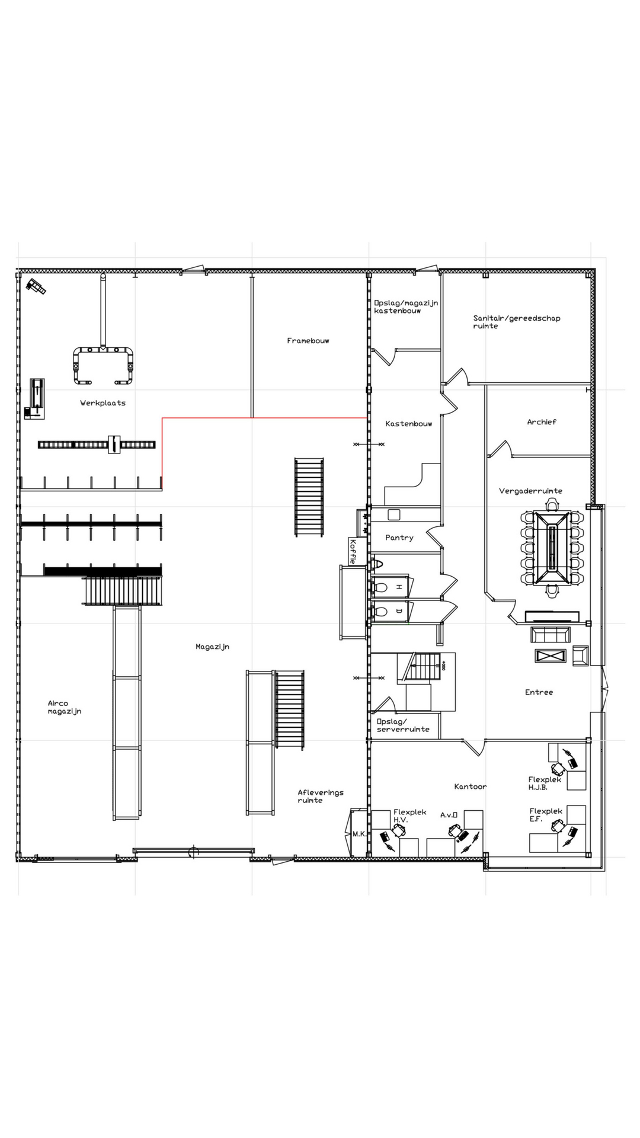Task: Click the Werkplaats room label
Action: click(x=103, y=403)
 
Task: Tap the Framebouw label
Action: click(x=308, y=341)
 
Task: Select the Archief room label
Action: click(x=542, y=422)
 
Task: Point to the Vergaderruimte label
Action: click(x=531, y=491)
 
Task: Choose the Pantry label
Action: click(x=399, y=538)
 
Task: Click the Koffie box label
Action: click(x=353, y=551)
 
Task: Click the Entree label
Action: click(x=539, y=692)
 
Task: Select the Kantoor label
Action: click(x=471, y=787)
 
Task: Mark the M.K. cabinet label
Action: click(x=359, y=834)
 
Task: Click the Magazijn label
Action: click(x=212, y=647)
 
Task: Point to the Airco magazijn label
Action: click(x=65, y=708)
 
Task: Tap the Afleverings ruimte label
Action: click(x=321, y=796)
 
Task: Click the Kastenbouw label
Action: click(x=409, y=424)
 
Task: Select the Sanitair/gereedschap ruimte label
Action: click(x=517, y=322)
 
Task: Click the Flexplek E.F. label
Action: click(x=546, y=815)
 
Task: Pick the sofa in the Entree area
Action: click(x=551, y=635)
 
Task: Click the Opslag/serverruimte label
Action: click(x=403, y=725)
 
